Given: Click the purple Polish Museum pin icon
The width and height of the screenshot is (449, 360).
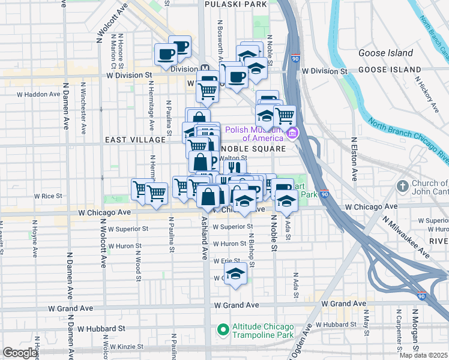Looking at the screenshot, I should tap(292, 133).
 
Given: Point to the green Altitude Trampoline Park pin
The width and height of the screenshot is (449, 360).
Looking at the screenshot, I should tap(223, 329).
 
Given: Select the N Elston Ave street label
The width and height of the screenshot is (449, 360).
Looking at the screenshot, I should tap(354, 159).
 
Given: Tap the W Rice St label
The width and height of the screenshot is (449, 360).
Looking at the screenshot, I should tap(48, 196).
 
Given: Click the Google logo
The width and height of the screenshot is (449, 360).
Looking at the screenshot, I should tap(20, 353).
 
